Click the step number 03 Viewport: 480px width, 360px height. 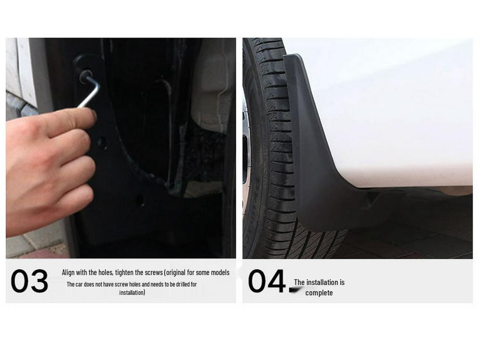(29, 282)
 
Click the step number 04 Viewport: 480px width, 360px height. (266, 281)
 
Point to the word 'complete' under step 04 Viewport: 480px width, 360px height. (319, 293)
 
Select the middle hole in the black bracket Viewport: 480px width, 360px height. (102, 142)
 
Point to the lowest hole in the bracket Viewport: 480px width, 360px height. (139, 200)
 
